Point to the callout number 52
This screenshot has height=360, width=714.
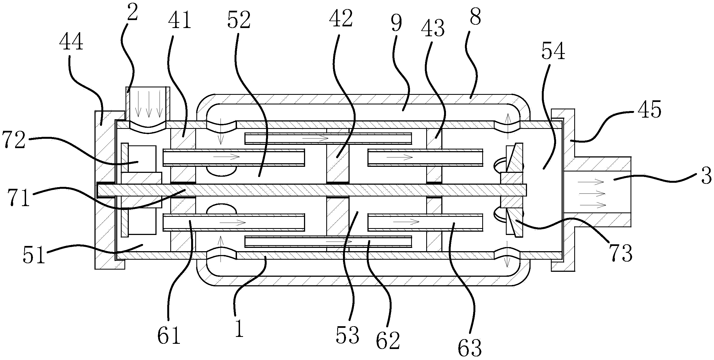pyautogui.click(x=239, y=20)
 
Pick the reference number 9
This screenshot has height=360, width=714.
pyautogui.click(x=397, y=24)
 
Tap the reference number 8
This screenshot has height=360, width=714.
pyautogui.click(x=475, y=17)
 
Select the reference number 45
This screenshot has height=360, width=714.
pyautogui.click(x=649, y=110)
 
